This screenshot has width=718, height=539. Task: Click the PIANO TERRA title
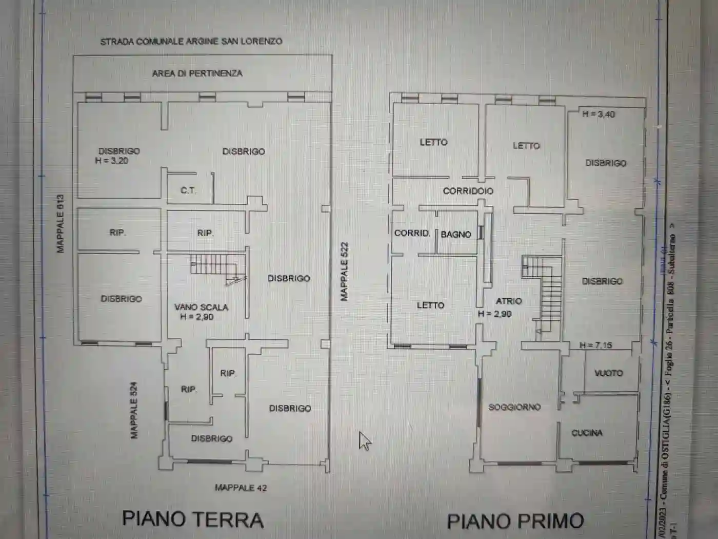coord(193,519)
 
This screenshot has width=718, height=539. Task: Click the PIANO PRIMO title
coord(515,521)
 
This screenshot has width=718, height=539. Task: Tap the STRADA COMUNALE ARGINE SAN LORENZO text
coord(191,42)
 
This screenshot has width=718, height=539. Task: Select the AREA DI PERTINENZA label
coord(197,73)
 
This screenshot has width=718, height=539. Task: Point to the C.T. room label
coord(188,190)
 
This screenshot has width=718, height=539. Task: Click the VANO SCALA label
coord(201,307)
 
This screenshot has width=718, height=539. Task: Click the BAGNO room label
coord(456,234)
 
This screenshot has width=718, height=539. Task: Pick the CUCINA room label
coord(587,433)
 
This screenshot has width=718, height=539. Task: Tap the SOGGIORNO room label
coord(514,407)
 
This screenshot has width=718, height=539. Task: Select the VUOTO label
coord(608,373)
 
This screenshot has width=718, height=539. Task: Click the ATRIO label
coord(508,301)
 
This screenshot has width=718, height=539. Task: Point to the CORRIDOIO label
coord(468,191)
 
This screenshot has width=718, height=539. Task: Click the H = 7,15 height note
coord(595,345)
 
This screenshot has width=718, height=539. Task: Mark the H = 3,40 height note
coord(598,114)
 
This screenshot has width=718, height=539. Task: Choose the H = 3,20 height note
coord(111,161)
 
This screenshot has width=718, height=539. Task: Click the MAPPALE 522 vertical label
coord(344,272)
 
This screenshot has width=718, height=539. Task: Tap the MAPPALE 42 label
coord(241,488)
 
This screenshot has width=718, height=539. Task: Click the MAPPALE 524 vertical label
coord(134,410)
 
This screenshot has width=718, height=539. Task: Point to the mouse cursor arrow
coord(365,441)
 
